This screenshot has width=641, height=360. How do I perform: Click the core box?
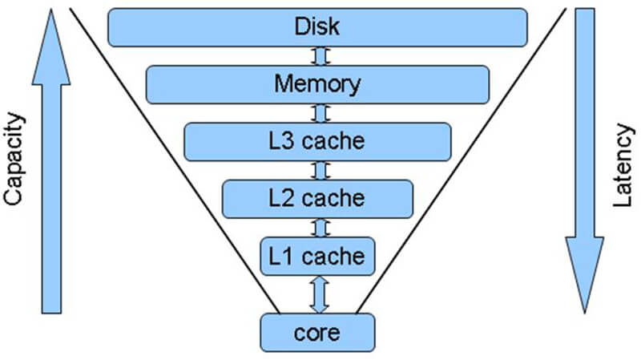click(317, 330)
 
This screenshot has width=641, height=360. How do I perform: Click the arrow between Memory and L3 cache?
click(318, 112)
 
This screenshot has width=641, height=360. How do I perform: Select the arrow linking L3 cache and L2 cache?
click(318, 170)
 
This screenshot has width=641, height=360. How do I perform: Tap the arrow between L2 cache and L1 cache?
click(318, 227)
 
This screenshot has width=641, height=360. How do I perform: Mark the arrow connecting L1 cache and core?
click(318, 293)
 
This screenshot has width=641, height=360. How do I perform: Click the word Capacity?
click(16, 160)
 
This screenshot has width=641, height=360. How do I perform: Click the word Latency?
click(623, 172)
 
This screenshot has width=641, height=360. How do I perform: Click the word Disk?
click(317, 26)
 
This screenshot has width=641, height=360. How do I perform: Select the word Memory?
click(317, 83)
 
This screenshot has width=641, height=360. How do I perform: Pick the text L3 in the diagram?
click(284, 141)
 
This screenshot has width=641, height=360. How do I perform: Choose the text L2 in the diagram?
click(284, 197)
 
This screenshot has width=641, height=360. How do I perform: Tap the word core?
click(317, 330)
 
